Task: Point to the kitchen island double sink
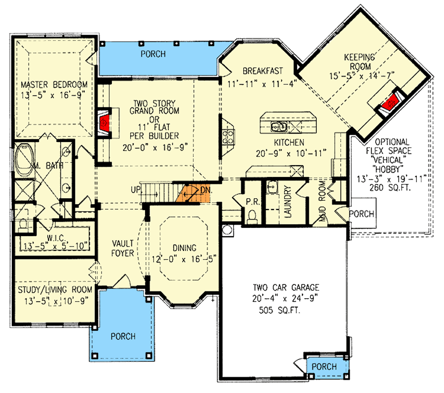click(x=279, y=128)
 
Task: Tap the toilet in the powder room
click(x=252, y=215)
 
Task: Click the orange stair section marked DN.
click(x=194, y=192)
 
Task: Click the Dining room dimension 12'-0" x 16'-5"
click(x=184, y=257)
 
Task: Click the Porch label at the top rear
click(x=152, y=54)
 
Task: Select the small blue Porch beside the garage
click(x=325, y=367)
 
